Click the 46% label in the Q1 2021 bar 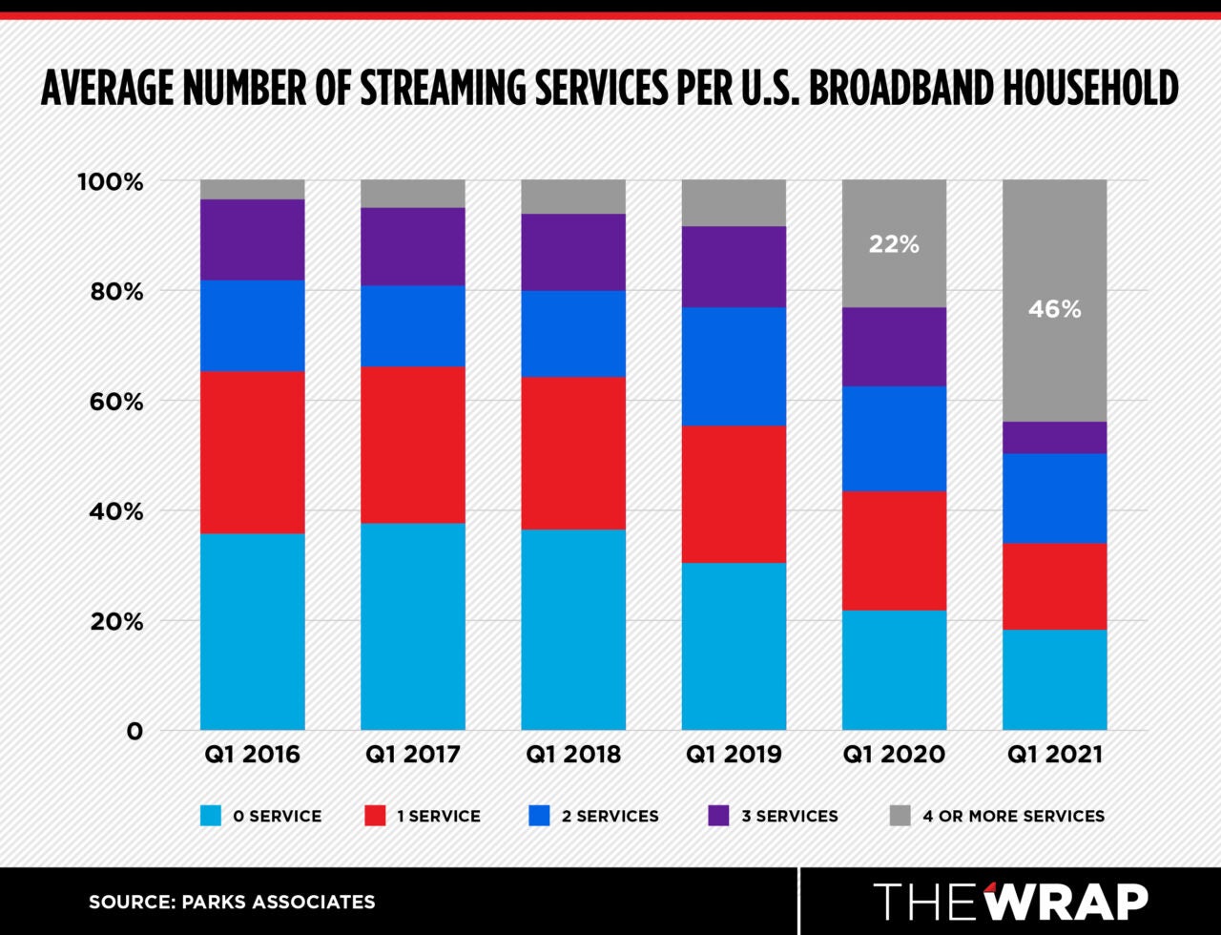coord(1054,309)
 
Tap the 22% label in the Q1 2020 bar coord(894,244)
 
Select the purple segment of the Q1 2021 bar coord(1054,437)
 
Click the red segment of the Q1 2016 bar coord(252,452)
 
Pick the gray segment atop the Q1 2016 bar coord(252,189)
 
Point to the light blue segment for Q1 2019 coord(734,646)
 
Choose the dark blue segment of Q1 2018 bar coord(573,333)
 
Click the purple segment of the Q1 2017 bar coord(412,246)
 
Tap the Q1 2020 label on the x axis coord(894,755)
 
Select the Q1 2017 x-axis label coord(412,755)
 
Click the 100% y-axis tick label coord(110,181)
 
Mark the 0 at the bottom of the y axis coord(134,732)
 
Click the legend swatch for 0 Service coord(211,816)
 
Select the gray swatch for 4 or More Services coord(900,816)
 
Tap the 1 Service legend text coord(438,816)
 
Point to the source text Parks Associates coord(232,902)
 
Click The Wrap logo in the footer coord(1010,902)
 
